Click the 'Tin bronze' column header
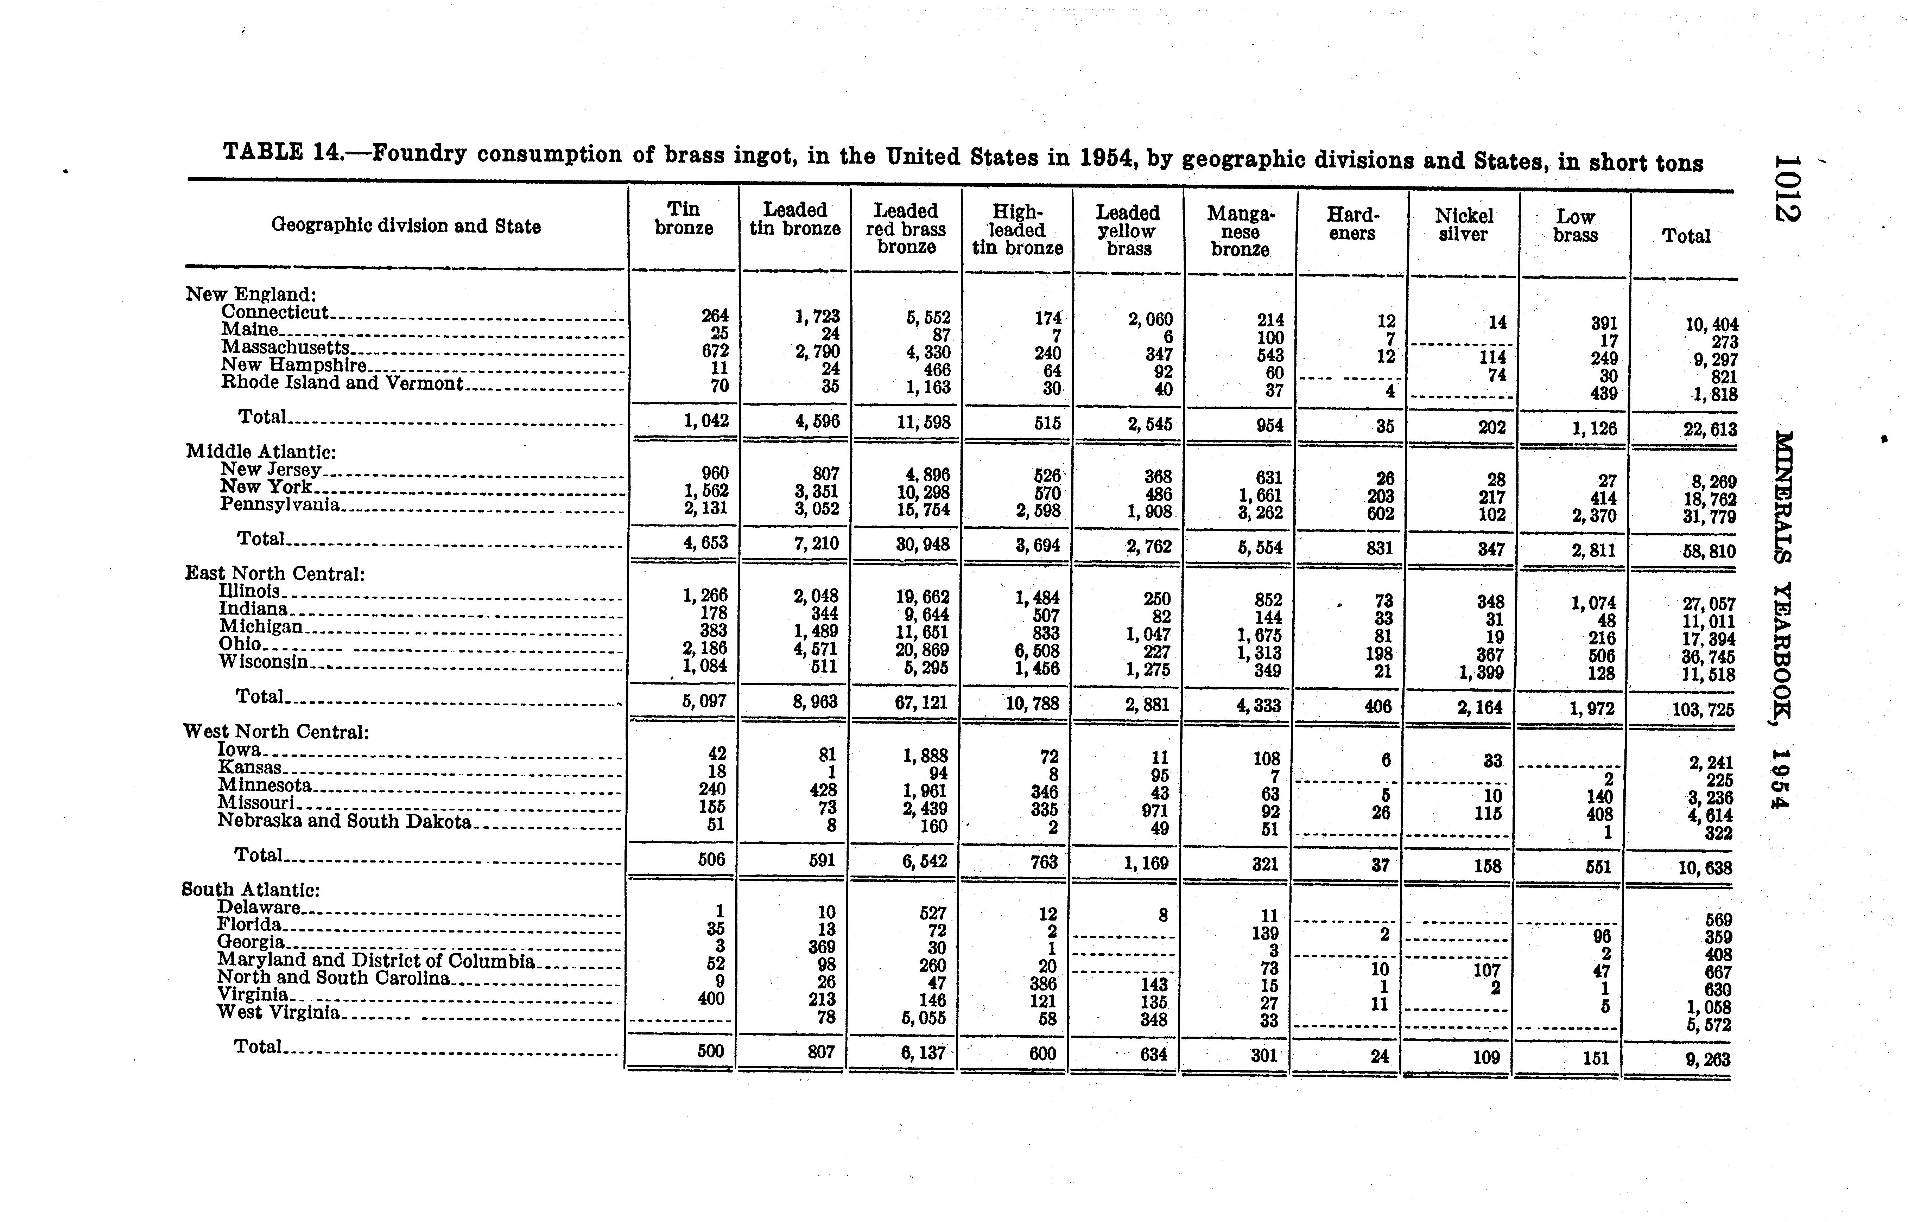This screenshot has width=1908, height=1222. click(x=683, y=218)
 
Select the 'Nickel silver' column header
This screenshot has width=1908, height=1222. click(x=1464, y=224)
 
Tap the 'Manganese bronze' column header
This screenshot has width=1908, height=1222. click(x=1241, y=231)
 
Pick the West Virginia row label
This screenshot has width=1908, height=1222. click(x=278, y=1012)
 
